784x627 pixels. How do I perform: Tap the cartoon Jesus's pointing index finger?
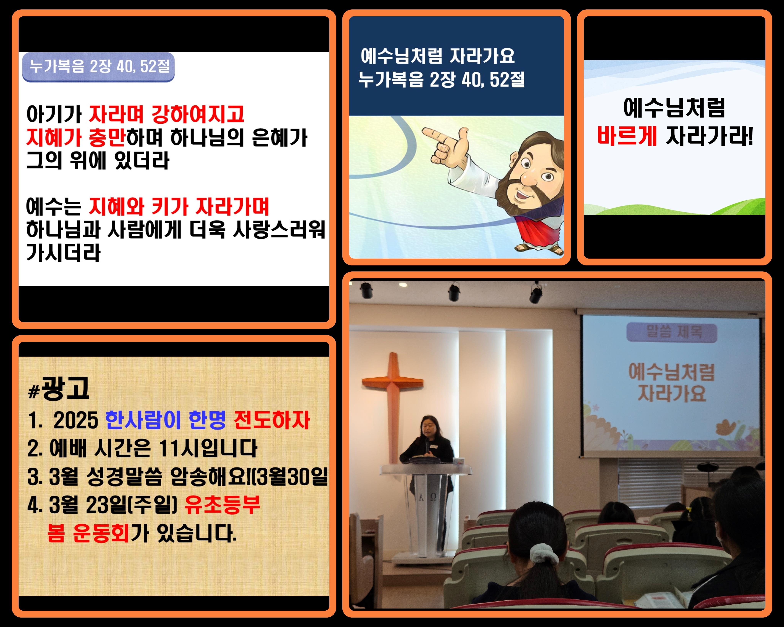coord(433,134)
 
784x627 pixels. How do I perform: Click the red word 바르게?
coord(626,136)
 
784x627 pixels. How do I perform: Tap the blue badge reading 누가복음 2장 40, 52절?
coord(99,67)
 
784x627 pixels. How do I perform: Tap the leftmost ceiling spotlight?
coord(366,290)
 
